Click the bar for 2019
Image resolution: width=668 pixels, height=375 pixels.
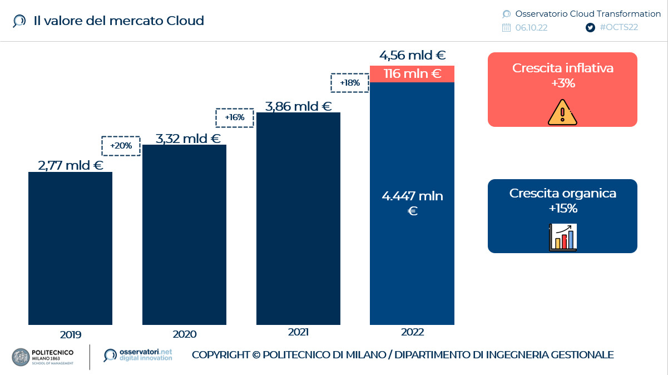click(70, 248)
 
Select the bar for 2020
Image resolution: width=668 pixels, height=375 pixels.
click(184, 234)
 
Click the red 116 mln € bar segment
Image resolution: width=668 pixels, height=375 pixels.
click(412, 73)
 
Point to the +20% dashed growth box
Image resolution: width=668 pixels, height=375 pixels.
click(121, 146)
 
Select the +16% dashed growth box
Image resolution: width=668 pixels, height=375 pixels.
click(234, 117)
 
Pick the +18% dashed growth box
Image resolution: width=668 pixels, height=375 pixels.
click(350, 83)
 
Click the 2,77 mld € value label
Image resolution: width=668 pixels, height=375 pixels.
click(71, 165)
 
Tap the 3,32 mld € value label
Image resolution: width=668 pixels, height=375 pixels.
click(188, 139)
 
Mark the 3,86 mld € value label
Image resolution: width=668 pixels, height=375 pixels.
click(299, 106)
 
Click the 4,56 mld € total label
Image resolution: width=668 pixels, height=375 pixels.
click(413, 56)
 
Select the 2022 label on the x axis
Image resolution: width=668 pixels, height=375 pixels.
click(412, 332)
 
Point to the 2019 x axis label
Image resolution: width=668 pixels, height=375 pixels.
click(70, 334)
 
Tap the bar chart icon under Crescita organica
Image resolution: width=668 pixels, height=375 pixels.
click(562, 237)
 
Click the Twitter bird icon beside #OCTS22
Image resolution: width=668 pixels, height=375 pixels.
click(591, 28)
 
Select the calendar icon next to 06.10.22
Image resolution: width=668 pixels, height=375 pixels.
click(506, 28)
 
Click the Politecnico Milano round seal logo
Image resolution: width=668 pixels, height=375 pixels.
click(21, 357)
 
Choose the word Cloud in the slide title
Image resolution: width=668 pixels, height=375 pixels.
click(185, 21)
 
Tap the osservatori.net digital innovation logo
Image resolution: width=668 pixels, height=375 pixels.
click(138, 355)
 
